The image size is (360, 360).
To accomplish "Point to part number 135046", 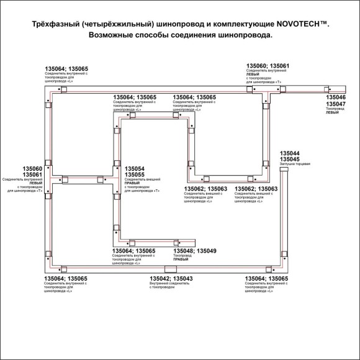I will coord(336,98).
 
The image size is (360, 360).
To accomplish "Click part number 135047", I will coord(336,104).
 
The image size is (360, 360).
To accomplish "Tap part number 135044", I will coord(290,153).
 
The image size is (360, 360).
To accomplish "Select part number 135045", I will coord(290,160).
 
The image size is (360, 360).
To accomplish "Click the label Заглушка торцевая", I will coord(294,164).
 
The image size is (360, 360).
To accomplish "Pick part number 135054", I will coord(135,169).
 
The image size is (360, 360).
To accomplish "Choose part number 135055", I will coord(135,175).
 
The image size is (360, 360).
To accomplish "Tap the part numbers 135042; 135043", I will coord(171,279).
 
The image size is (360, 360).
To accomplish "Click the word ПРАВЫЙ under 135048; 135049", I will coord(181,260).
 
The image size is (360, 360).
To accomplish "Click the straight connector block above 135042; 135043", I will coord(170,268).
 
